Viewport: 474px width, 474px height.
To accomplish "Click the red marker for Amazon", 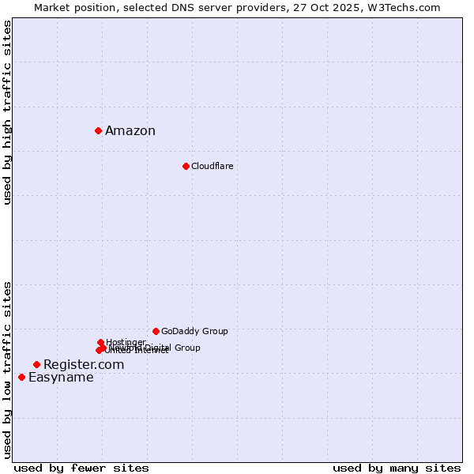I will [98, 130].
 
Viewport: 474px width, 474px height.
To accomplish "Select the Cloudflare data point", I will [186, 166].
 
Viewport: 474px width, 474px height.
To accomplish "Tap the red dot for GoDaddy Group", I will [156, 331].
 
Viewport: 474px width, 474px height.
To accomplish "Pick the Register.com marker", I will [36, 364].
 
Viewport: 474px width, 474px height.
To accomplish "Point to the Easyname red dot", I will [21, 377].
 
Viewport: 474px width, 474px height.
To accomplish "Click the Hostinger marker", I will [100, 342].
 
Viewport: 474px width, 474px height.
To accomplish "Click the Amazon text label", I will [130, 131].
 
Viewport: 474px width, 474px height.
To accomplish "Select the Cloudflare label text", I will [212, 166].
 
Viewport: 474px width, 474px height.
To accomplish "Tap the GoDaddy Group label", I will [194, 331].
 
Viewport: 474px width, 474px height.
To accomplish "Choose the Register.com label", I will [84, 364].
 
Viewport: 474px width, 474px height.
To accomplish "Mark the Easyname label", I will [61, 378].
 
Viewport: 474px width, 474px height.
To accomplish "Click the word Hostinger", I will [126, 342].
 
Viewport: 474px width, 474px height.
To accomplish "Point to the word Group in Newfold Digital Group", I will [187, 348].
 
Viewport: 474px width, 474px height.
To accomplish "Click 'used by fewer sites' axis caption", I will [81, 468].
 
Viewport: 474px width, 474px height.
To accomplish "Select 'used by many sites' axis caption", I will [397, 468].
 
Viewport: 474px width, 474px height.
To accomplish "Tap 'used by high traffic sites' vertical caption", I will [8, 112].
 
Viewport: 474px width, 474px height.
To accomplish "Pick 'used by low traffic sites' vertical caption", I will [8, 370].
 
